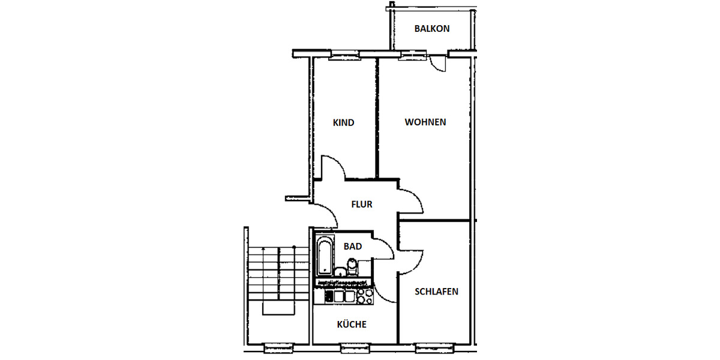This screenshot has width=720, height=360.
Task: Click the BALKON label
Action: (x=431, y=28)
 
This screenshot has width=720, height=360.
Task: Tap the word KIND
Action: (x=343, y=122)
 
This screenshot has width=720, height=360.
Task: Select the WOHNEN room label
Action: (x=425, y=122)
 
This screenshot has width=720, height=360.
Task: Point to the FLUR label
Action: (x=362, y=204)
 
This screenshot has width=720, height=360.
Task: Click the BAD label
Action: (x=353, y=246)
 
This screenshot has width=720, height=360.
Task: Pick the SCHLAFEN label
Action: (x=436, y=292)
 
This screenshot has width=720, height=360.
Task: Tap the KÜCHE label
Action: (x=352, y=325)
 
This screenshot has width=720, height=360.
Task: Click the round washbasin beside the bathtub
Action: (x=340, y=271)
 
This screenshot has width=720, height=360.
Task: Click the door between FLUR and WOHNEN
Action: (x=412, y=202)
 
